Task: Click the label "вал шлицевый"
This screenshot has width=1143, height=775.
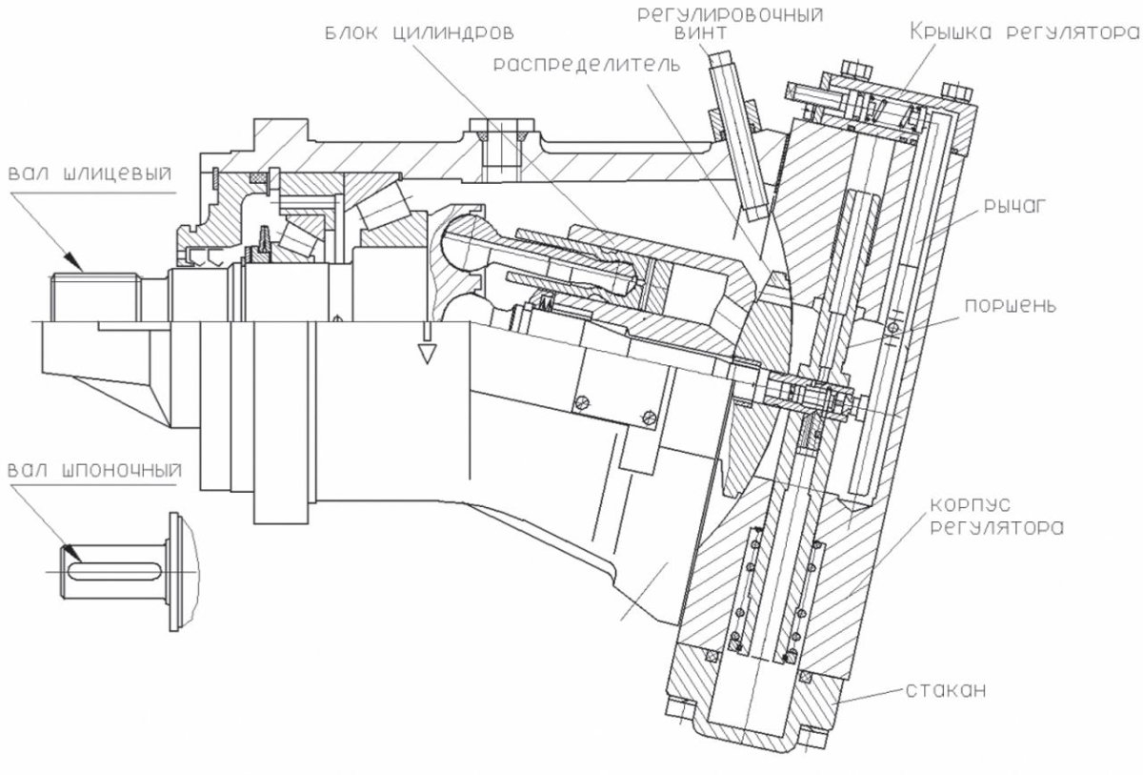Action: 90,175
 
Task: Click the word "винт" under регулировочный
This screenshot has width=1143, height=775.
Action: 704,33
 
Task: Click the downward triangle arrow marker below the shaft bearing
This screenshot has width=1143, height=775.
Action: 426,353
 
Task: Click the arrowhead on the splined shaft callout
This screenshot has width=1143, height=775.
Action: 70,258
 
